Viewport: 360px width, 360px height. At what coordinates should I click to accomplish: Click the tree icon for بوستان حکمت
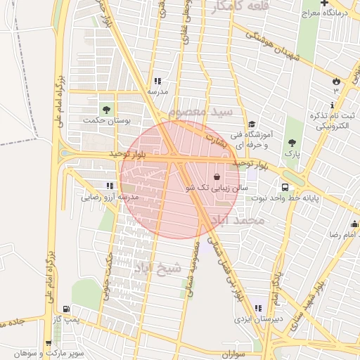pyautogui.click(x=106, y=110)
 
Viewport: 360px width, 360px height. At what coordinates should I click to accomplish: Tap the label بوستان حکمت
pyautogui.click(x=107, y=120)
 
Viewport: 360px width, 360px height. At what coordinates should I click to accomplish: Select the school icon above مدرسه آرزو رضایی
pyautogui.click(x=109, y=186)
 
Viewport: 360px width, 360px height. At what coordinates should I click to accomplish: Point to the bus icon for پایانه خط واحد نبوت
pyautogui.click(x=285, y=188)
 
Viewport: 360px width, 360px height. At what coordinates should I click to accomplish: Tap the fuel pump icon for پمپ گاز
pyautogui.click(x=66, y=309)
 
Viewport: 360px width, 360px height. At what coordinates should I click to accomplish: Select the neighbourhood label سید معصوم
pyautogui.click(x=201, y=112)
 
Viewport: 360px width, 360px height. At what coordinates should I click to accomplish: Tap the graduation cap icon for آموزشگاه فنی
pyautogui.click(x=252, y=123)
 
